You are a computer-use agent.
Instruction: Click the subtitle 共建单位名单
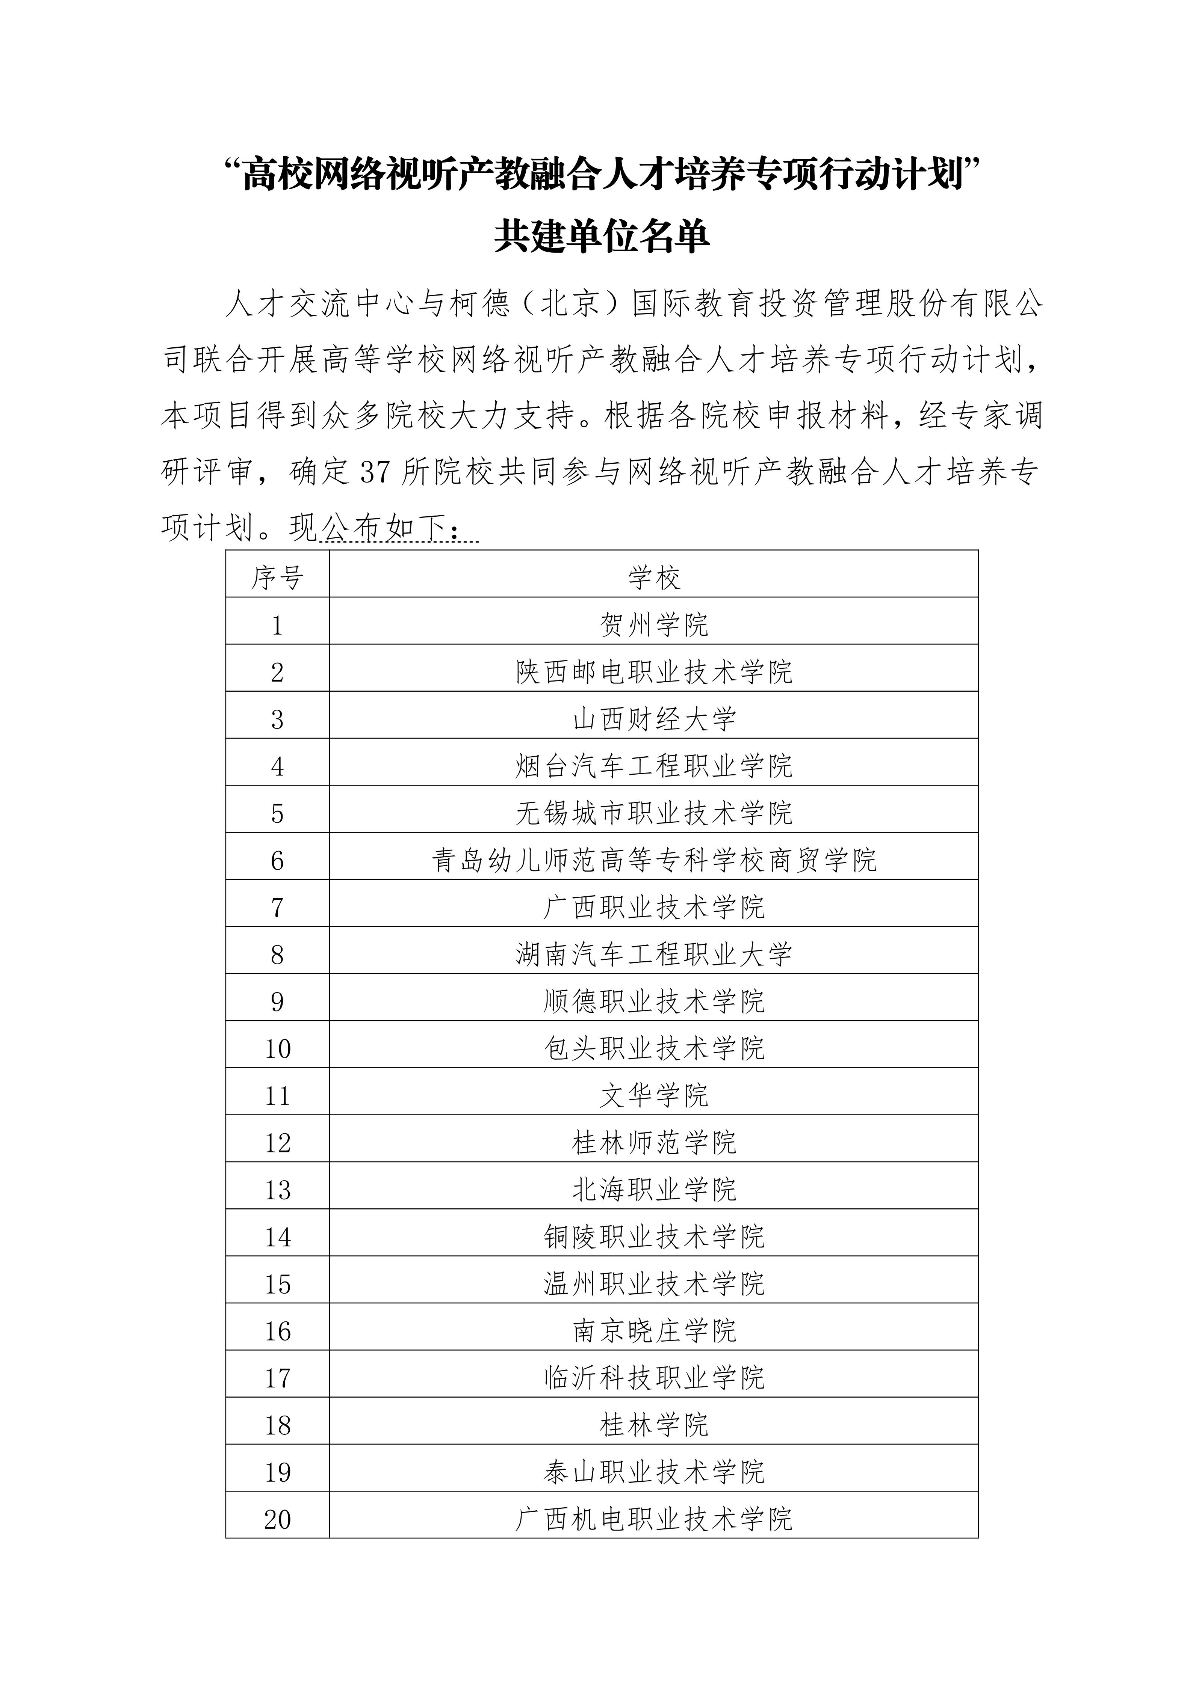601,237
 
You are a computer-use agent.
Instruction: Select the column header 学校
654,578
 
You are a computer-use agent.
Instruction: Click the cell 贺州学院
654,625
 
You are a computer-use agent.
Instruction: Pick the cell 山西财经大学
654,719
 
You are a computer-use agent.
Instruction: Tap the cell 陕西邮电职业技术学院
654,672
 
